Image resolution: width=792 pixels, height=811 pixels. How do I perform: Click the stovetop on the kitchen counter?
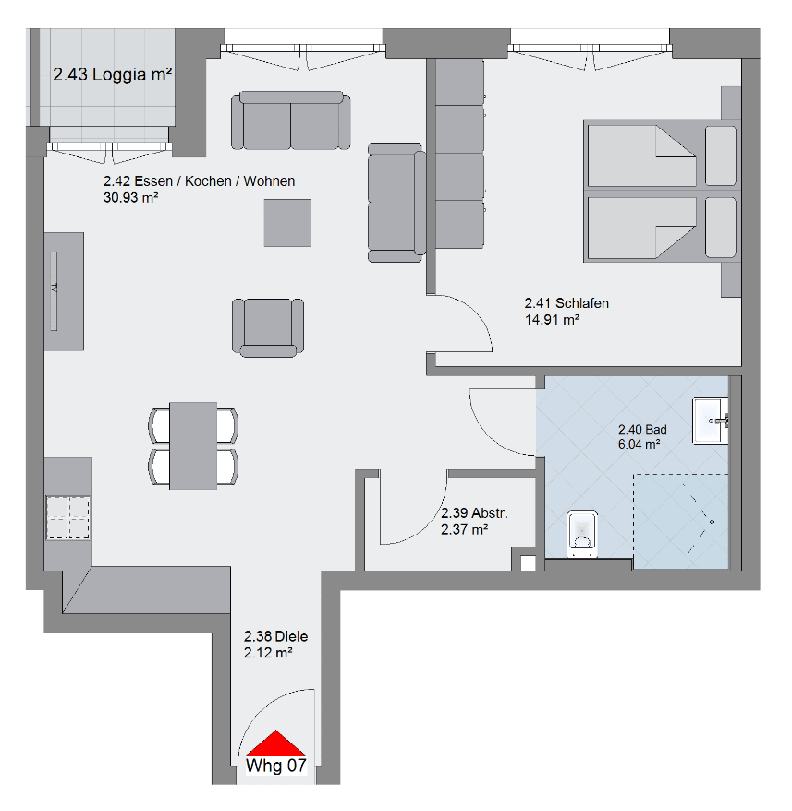(x=68, y=516)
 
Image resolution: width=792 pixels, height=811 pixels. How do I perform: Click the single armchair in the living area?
(x=268, y=326)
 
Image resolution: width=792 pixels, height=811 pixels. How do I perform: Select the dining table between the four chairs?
(x=193, y=446)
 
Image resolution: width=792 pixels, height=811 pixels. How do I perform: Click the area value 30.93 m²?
(x=130, y=197)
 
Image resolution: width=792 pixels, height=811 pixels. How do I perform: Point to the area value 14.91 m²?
(x=552, y=320)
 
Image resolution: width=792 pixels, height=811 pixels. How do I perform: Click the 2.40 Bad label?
(x=641, y=429)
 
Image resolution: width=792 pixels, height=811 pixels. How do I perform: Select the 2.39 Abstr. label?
(x=474, y=512)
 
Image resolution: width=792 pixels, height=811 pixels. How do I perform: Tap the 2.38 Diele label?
(x=275, y=636)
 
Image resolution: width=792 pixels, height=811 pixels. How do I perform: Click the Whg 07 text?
(x=276, y=766)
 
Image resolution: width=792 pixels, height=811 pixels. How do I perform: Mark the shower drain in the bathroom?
(x=711, y=522)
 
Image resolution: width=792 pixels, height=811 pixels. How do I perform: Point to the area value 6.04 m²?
(x=638, y=445)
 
